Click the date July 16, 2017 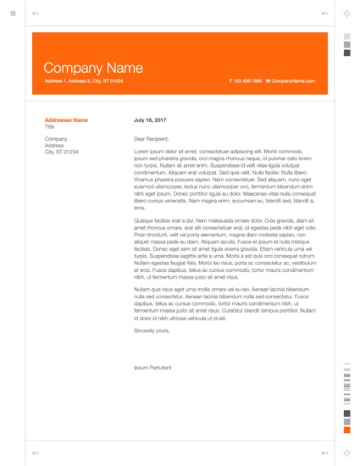pos(150,120)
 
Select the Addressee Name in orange pos(66,120)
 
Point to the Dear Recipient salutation pos(152,139)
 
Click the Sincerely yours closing pos(152,330)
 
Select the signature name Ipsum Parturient pos(152,368)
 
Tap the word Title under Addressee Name pos(49,127)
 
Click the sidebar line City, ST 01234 pos(61,152)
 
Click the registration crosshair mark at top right pos(346,14)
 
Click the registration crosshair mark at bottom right pos(346,452)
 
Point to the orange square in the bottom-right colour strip pos(346,430)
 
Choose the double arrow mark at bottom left pos(35,452)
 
